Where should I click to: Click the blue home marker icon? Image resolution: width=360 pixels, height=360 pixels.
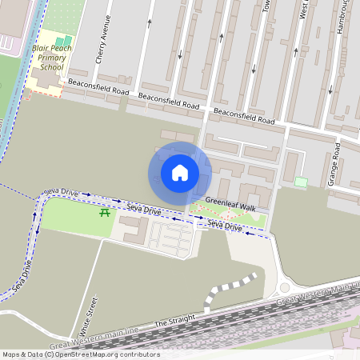pyautogui.click(x=180, y=172)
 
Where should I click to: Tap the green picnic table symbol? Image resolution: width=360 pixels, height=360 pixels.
pyautogui.click(x=105, y=212)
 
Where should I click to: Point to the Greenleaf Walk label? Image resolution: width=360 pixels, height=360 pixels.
pyautogui.click(x=230, y=207)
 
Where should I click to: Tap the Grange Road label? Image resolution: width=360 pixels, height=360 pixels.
pyautogui.click(x=334, y=166)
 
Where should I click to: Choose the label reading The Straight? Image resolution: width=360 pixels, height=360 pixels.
pyautogui.click(x=174, y=322)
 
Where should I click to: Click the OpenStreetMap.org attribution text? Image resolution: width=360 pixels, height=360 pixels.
pyautogui.click(x=102, y=354)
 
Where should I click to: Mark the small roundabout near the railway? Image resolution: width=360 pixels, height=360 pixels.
pyautogui.click(x=285, y=287)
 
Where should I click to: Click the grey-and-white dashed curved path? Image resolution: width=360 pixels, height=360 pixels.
pyautogui.click(x=228, y=289)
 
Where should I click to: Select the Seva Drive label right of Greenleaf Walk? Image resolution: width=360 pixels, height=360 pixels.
pyautogui.click(x=224, y=226)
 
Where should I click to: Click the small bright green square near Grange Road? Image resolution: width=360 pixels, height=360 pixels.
pyautogui.click(x=301, y=182)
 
